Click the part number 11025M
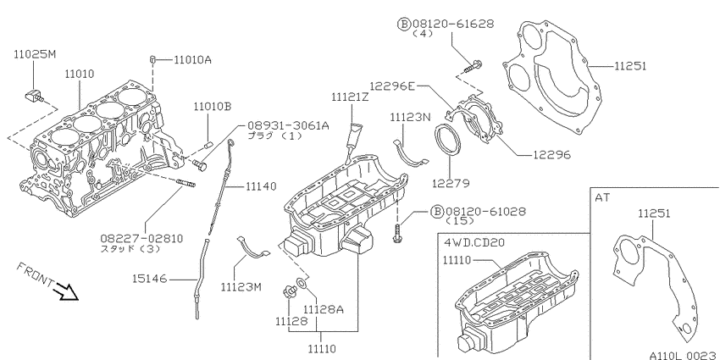[35, 54]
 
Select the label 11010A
[193, 59]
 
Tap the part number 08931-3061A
[288, 125]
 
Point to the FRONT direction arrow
[66, 292]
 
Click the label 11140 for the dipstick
[261, 186]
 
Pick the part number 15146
[150, 279]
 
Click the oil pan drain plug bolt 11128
[290, 291]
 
